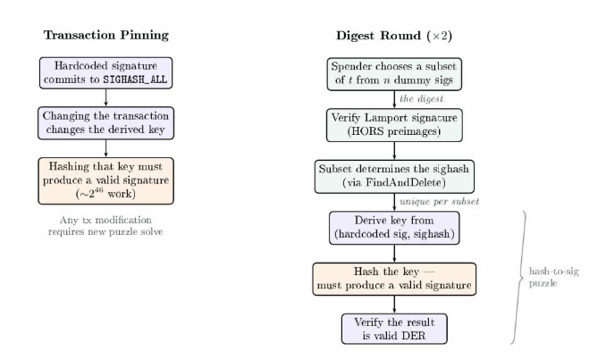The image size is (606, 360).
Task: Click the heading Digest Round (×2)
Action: click(x=393, y=35)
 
